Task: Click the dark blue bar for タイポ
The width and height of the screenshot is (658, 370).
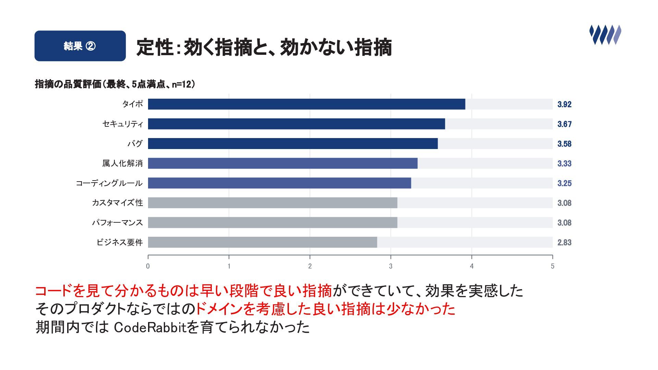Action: tap(306, 104)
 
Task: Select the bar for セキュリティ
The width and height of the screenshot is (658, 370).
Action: tap(296, 124)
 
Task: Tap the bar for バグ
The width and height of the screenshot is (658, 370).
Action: tap(293, 144)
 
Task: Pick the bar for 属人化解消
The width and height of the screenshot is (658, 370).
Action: tap(283, 163)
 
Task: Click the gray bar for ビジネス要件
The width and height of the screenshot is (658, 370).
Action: tap(263, 242)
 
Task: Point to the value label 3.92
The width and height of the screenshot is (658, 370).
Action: tap(564, 104)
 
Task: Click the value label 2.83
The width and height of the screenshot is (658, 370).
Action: tap(564, 243)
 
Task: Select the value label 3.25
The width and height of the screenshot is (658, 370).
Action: tap(564, 183)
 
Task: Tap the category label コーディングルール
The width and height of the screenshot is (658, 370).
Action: tap(109, 183)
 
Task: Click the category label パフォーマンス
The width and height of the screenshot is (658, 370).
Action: tap(117, 223)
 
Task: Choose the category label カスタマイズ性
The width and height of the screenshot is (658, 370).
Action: tap(117, 203)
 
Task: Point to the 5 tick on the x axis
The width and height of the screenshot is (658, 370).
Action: tap(552, 266)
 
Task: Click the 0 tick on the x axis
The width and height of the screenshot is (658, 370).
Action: tap(148, 266)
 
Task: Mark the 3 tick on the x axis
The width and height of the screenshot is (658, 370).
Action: tap(391, 266)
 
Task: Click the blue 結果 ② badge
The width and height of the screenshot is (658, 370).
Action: tap(80, 46)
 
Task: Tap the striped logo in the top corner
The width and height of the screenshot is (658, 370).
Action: tap(605, 35)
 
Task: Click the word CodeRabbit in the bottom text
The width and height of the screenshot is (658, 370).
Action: tap(150, 328)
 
